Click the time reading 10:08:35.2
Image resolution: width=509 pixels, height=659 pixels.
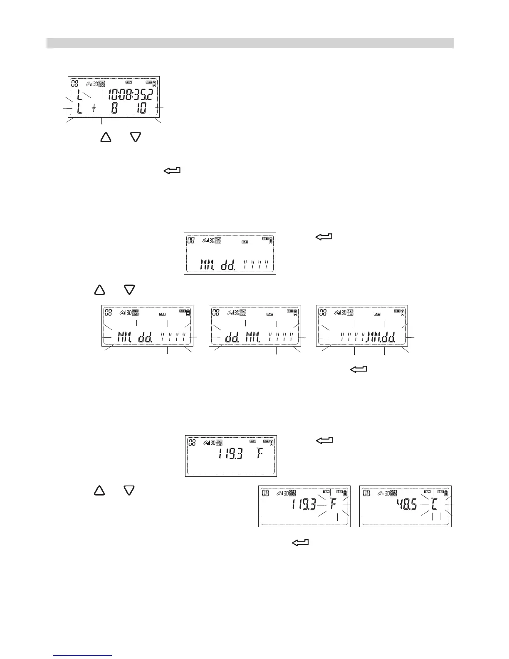pyautogui.click(x=130, y=94)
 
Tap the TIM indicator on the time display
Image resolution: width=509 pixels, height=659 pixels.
pyautogui.click(x=128, y=82)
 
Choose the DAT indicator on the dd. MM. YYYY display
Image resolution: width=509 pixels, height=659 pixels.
pyautogui.click(x=270, y=315)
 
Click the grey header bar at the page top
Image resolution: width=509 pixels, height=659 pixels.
pyautogui.click(x=250, y=43)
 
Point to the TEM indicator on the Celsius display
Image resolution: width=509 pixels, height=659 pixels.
pyautogui.click(x=427, y=491)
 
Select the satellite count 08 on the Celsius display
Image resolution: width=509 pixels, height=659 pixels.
pyautogui.click(x=366, y=493)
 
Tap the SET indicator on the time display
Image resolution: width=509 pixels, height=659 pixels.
pyautogui.click(x=149, y=82)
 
